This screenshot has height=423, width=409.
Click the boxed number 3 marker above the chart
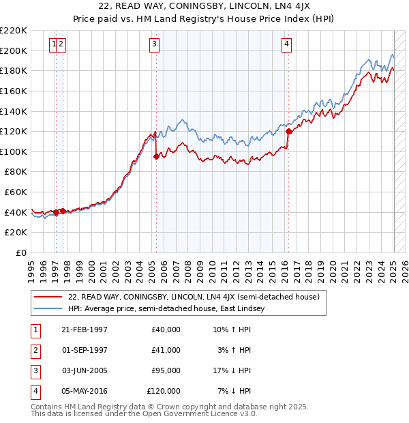[155, 44]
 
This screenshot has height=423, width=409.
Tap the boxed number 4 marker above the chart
[287, 44]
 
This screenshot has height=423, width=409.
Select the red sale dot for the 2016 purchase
[288, 131]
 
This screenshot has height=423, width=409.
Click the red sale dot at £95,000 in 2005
[156, 156]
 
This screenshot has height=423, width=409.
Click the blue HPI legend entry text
[170, 308]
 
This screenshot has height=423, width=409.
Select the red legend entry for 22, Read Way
[198, 297]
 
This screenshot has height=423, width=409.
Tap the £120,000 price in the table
[164, 391]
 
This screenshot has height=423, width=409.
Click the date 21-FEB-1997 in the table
[85, 330]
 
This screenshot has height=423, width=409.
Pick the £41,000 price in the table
[166, 349]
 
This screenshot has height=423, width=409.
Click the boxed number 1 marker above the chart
[53, 44]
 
